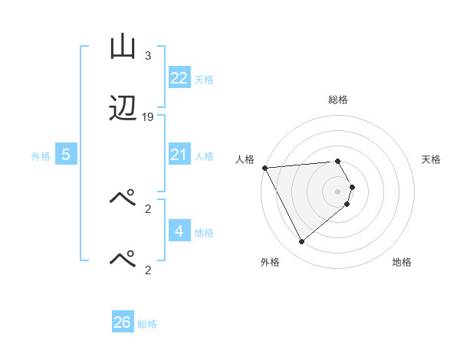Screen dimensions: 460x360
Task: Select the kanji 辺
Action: click(x=123, y=109)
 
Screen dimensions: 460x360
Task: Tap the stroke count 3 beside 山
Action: click(x=148, y=56)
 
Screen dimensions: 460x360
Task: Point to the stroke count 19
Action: click(x=148, y=116)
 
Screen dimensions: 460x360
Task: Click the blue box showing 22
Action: click(x=179, y=78)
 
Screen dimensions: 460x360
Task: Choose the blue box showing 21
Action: click(x=179, y=155)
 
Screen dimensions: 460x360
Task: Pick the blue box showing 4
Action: click(x=179, y=231)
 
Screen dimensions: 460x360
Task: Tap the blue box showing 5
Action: click(x=66, y=155)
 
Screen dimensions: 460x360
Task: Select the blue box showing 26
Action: click(x=123, y=322)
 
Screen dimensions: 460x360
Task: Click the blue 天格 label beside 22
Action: click(x=204, y=79)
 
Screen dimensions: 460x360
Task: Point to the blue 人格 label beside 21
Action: click(x=204, y=155)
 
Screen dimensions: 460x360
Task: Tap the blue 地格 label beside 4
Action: click(x=204, y=232)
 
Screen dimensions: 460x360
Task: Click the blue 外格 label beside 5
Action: click(x=41, y=155)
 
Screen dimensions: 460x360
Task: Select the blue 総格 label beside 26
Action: click(x=147, y=323)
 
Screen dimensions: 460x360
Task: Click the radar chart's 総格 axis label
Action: click(x=338, y=100)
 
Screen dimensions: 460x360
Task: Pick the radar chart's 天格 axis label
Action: click(x=432, y=159)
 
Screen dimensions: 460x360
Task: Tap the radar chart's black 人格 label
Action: click(x=245, y=159)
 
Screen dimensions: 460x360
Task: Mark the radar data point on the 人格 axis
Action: click(x=264, y=168)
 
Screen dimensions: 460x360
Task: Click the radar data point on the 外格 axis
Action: click(x=301, y=242)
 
